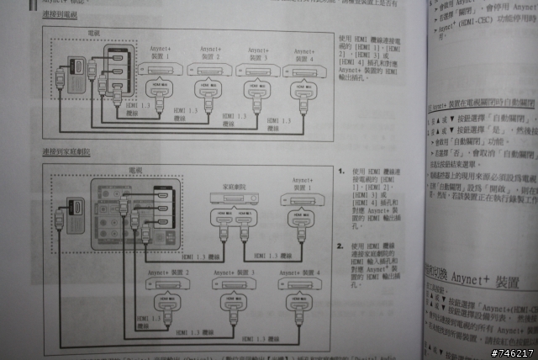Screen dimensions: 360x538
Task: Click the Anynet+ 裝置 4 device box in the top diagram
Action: pos(300,71)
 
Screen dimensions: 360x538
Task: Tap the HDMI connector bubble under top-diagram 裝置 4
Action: pos(300,88)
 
